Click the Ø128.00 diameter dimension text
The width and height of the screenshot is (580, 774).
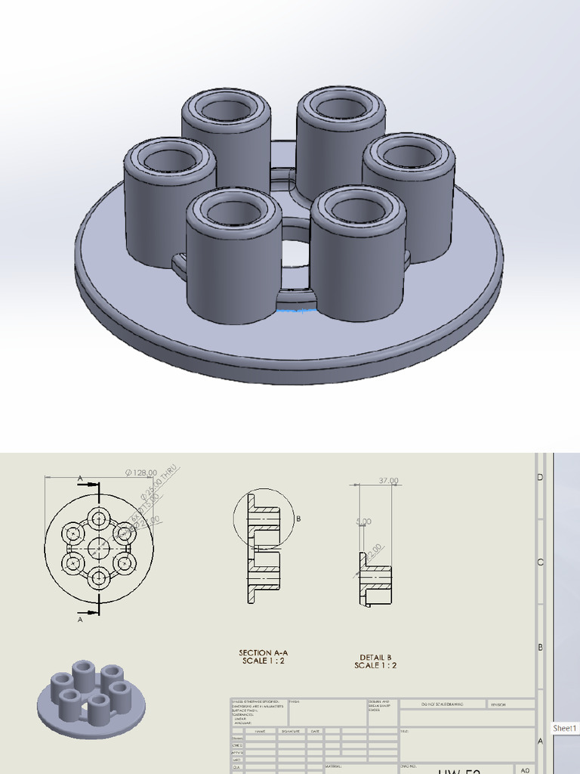tap(141, 472)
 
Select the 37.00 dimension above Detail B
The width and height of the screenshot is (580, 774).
tap(388, 480)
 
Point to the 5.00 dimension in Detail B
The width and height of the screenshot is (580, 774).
tap(363, 522)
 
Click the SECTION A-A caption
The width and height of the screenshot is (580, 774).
tap(263, 656)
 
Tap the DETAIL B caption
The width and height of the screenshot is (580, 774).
tap(375, 661)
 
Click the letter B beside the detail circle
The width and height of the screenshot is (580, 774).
tap(299, 519)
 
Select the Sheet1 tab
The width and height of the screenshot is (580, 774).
tap(565, 729)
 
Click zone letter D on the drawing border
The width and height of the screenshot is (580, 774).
tap(540, 478)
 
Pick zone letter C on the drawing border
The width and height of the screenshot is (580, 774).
tap(540, 562)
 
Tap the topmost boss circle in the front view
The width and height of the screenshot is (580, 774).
tap(99, 518)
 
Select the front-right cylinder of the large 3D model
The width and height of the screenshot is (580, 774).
tap(358, 257)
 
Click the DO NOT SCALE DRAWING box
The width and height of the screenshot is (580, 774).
tap(443, 704)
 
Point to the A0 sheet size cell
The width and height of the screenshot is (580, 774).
tap(526, 769)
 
